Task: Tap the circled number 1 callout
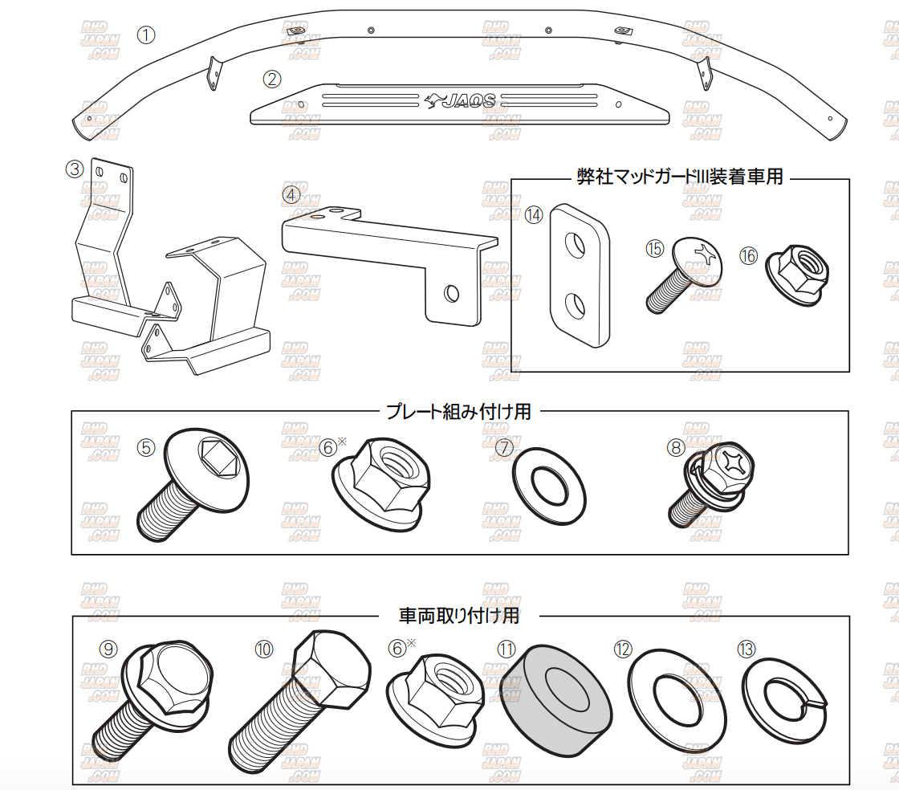[x=146, y=35]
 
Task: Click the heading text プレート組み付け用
[x=458, y=412]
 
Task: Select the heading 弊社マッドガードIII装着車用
[x=680, y=177]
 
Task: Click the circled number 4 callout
[x=291, y=194]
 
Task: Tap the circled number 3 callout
[x=75, y=169]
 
